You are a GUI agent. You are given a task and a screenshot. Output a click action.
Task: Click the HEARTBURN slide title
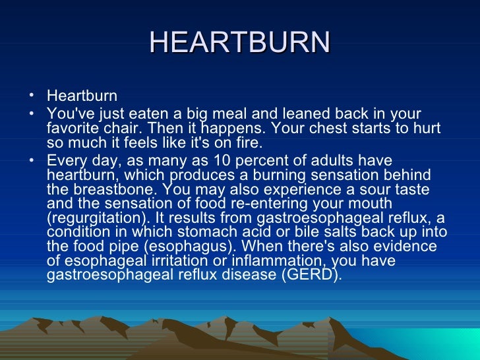tap(239, 43)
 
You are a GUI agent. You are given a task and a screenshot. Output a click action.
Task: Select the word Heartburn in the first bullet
tap(82, 96)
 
